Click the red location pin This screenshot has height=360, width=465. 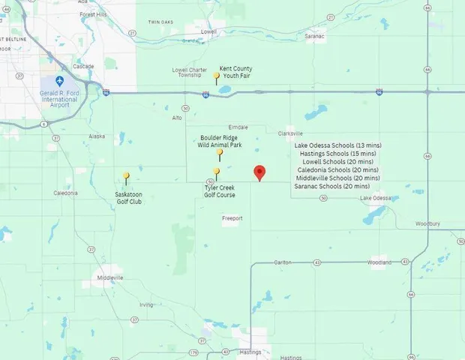tap(259, 172)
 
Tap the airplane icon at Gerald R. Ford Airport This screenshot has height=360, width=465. tap(60, 81)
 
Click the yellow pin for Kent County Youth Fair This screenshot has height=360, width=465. tap(217, 76)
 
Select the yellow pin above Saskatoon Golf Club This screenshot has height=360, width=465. tap(126, 177)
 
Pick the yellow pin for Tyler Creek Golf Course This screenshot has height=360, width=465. tap(217, 172)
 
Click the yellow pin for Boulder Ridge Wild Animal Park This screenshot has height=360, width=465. tap(219, 153)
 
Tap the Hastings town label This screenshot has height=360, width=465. tap(250, 352)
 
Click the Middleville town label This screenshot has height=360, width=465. tap(110, 277)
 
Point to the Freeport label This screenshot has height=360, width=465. tap(232, 219)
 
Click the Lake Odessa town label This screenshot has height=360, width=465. tap(375, 198)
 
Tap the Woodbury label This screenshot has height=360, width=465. tap(427, 223)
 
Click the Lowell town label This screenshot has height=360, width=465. tap(208, 31)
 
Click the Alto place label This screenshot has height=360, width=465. tap(177, 118)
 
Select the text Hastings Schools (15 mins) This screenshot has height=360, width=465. tap(331, 153)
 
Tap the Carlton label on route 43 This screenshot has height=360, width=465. tap(282, 262)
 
